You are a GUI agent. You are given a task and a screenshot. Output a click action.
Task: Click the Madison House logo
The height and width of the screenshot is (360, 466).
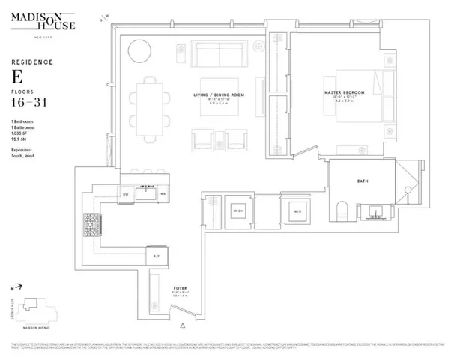tap(41, 22)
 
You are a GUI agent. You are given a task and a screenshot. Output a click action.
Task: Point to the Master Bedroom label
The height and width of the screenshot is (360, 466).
tap(342, 94)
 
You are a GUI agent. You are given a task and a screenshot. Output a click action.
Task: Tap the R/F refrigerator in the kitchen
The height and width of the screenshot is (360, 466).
tap(156, 256)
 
